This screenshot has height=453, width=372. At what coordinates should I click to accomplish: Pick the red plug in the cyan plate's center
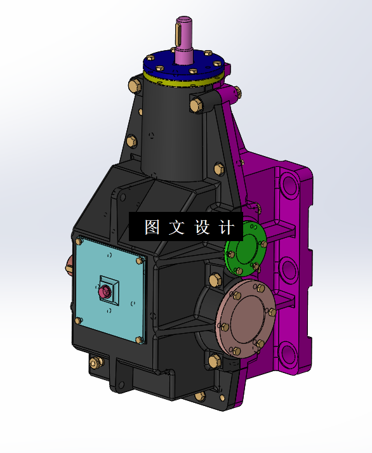[x=105, y=292]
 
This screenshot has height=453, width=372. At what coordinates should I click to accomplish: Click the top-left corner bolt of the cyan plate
[x=79, y=242]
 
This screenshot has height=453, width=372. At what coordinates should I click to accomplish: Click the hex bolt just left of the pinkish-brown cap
[x=213, y=279]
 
